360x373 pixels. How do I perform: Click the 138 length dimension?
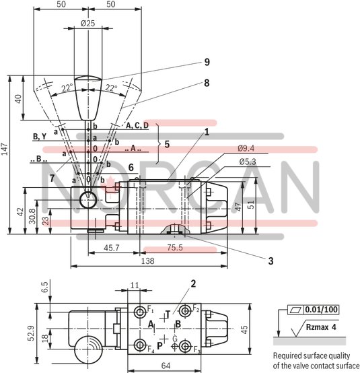tap(147, 259)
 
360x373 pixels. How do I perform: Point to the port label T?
tap(167, 314)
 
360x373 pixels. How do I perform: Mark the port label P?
tap(159, 347)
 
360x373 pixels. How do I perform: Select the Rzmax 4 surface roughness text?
tap(320, 329)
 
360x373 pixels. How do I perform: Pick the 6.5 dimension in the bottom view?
tap(44, 287)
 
